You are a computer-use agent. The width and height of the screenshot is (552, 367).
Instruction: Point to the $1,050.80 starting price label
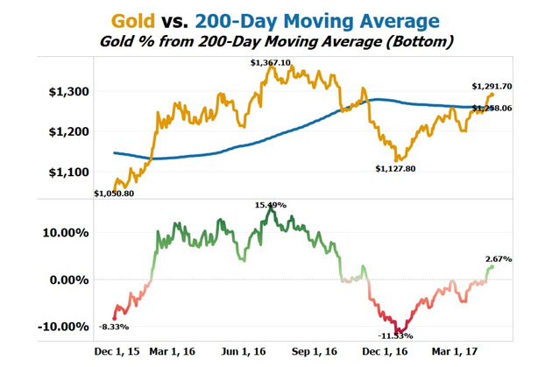pyautogui.click(x=114, y=193)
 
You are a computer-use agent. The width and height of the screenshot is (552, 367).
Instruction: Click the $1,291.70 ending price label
pyautogui.click(x=492, y=86)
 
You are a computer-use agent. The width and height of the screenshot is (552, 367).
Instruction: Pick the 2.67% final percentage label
pyautogui.click(x=497, y=259)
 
